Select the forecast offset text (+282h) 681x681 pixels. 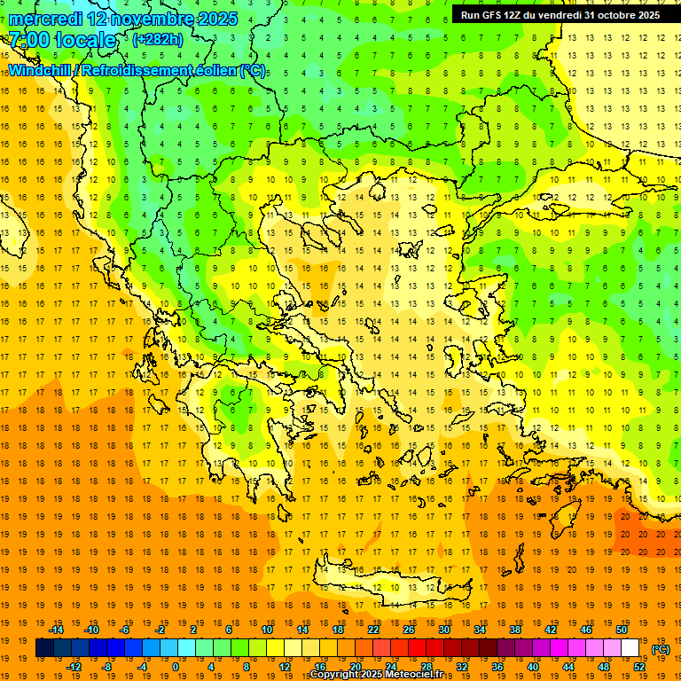click(x=158, y=40)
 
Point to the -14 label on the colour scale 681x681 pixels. click(x=57, y=630)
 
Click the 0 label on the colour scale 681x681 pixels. click(x=175, y=666)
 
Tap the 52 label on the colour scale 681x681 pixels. click(x=639, y=666)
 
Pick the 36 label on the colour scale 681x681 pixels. click(x=497, y=666)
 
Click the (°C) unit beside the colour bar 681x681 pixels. click(x=661, y=649)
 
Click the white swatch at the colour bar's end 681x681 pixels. click(x=630, y=648)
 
